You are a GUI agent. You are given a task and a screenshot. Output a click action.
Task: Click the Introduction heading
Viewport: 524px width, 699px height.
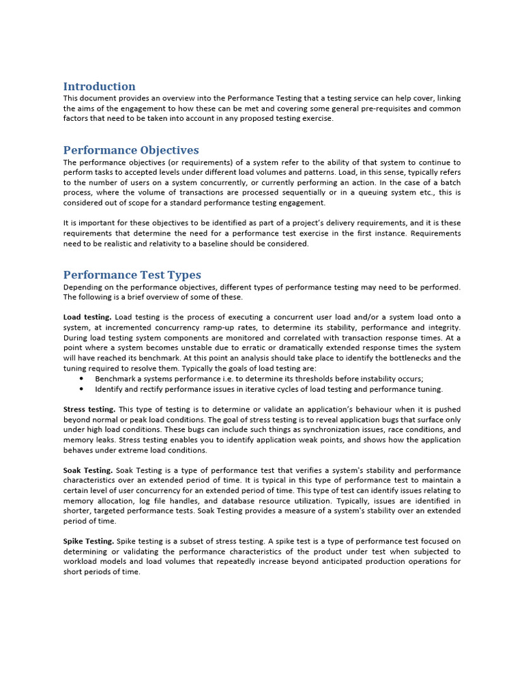pyautogui.click(x=99, y=87)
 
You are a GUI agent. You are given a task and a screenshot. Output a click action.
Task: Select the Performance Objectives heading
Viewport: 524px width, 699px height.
pyautogui.click(x=131, y=150)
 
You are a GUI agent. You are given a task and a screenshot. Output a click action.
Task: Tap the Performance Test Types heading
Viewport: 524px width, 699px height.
pyautogui.click(x=132, y=275)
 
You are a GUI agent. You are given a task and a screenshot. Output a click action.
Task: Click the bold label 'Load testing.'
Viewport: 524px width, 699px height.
pyautogui.click(x=87, y=317)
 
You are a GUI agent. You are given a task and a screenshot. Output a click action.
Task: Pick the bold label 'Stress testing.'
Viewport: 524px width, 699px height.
pyautogui.click(x=89, y=410)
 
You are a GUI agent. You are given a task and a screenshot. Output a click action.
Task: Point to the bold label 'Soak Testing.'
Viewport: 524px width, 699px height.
pyautogui.click(x=88, y=470)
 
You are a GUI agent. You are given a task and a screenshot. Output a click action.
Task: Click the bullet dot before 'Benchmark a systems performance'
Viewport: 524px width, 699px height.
pyautogui.click(x=81, y=379)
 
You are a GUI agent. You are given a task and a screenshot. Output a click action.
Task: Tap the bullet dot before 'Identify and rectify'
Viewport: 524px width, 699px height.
pyautogui.click(x=81, y=389)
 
